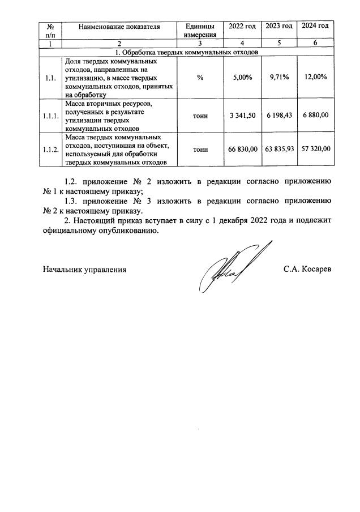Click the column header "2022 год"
[242, 27]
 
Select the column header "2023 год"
[279, 27]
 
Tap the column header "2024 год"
[315, 27]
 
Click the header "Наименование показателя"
[119, 27]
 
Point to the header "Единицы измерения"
[200, 31]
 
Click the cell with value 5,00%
[242, 78]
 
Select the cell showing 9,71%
[279, 78]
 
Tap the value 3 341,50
[242, 116]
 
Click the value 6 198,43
[279, 116]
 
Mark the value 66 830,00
[242, 149]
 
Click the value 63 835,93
[279, 149]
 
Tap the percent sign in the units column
[200, 78]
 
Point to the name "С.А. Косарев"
[307, 270]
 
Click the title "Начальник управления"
[84, 270]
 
